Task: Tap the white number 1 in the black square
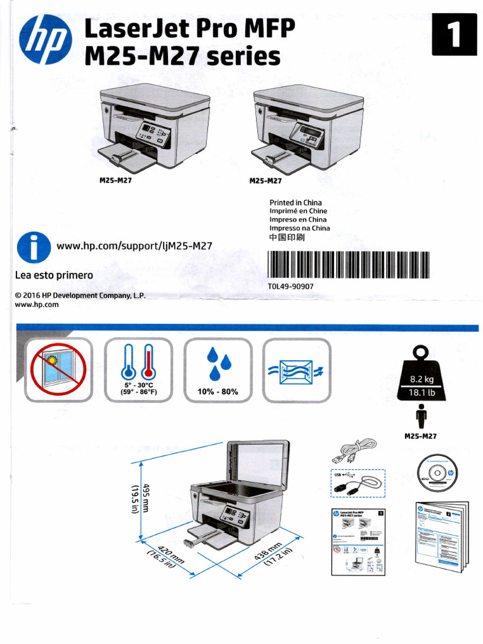[454, 34]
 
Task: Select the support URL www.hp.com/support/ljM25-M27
[134, 246]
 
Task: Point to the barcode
[348, 265]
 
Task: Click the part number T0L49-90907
[291, 286]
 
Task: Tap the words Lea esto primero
[53, 275]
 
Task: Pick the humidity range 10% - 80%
[218, 392]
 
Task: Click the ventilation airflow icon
[296, 370]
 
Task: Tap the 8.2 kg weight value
[422, 379]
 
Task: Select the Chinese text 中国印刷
[291, 238]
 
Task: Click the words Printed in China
[295, 203]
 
